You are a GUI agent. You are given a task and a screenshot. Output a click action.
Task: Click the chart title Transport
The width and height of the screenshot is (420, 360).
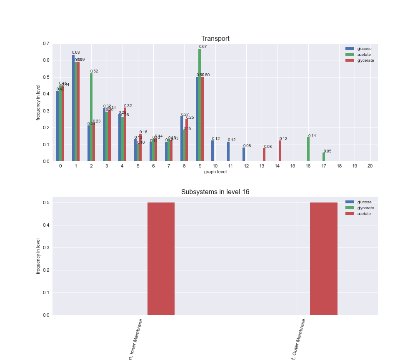pos(215,39)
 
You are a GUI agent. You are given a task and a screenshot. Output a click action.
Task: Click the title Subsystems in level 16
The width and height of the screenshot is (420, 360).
pos(215,192)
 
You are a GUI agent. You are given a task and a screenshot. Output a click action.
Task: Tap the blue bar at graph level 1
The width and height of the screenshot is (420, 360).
pos(73,108)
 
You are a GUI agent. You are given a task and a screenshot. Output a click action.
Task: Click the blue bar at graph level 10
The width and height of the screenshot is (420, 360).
pos(212,151)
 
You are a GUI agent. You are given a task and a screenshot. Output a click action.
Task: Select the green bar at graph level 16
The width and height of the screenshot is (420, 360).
pos(308,149)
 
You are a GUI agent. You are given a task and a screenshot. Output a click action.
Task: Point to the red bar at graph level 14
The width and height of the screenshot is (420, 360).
pos(280,151)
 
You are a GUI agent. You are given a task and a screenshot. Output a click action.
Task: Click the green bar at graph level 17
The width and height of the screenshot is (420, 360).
pos(324,157)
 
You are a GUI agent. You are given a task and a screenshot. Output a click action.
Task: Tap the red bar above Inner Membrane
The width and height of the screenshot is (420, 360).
pos(161,259)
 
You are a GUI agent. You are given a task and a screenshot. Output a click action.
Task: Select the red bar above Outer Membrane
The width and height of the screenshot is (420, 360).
pos(324,259)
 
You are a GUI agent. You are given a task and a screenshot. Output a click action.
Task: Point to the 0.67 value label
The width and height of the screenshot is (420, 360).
pos(203,47)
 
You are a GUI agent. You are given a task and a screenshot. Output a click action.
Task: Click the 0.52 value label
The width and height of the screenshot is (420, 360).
pos(94,71)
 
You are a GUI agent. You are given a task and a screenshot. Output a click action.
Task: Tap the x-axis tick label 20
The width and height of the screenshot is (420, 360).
pos(370,166)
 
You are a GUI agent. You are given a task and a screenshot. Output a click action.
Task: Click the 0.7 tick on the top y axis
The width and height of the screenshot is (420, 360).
pos(46,44)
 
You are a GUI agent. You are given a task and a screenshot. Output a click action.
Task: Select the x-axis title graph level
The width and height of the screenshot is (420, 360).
pos(215,172)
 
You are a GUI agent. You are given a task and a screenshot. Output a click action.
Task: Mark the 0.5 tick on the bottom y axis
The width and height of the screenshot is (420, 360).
pos(46,203)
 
